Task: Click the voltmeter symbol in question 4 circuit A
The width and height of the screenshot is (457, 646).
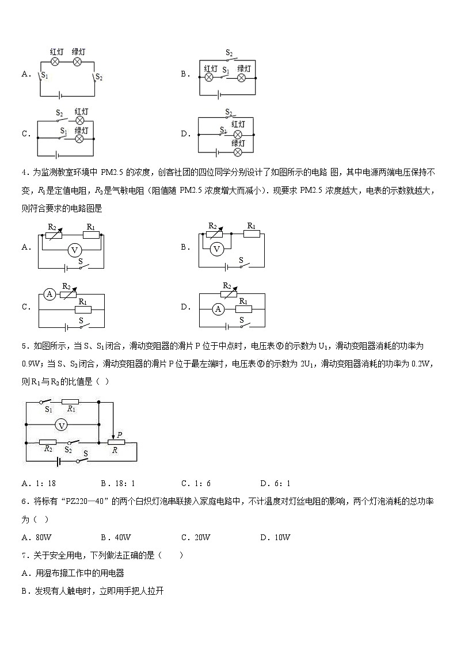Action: [73, 250]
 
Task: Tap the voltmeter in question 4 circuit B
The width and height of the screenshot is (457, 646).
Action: [216, 249]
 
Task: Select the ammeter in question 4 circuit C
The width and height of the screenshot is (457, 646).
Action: [50, 294]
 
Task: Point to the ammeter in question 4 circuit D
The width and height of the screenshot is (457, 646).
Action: [218, 309]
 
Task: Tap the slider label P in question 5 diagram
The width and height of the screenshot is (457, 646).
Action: [119, 434]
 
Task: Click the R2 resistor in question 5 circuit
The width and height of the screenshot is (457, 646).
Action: [48, 442]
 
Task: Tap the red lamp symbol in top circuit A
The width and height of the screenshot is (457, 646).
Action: [56, 60]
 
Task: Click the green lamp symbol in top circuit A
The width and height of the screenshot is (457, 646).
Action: [78, 60]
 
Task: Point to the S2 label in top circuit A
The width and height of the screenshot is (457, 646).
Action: [98, 77]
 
